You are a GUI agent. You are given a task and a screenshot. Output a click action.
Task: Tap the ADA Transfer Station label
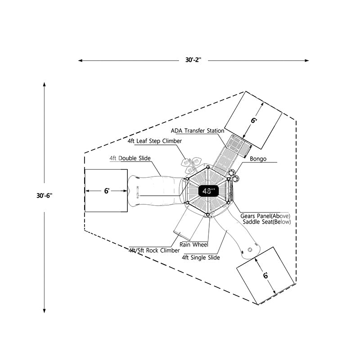point(197,131)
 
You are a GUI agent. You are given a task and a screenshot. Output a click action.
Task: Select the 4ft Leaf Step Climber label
point(154,141)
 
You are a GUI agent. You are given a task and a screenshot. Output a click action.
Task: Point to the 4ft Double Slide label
point(130,158)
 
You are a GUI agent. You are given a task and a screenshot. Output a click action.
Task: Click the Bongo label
point(258,159)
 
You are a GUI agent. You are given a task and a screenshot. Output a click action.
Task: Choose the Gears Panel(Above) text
point(265,216)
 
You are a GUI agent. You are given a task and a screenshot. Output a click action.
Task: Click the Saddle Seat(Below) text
point(266,222)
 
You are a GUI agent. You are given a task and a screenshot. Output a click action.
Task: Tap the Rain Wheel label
point(193,244)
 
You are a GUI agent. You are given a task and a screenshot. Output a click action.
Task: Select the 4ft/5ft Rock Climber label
point(154,250)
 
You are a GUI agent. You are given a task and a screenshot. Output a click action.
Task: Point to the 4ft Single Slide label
point(201,257)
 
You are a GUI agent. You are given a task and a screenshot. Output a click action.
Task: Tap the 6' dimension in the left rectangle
point(107,191)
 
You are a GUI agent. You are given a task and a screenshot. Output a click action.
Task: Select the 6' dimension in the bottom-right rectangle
point(265,275)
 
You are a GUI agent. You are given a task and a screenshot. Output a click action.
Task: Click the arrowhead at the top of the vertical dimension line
point(45,84)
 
